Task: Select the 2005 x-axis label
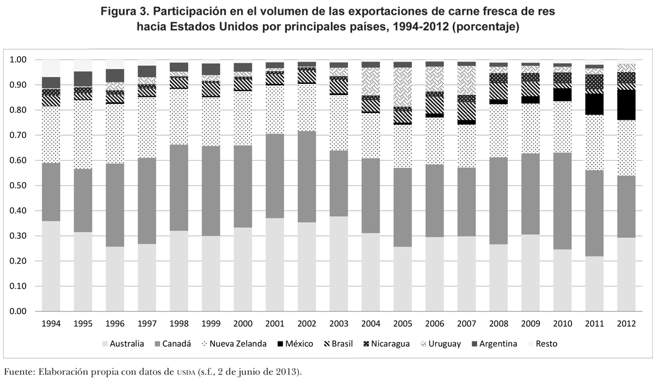tap(403, 323)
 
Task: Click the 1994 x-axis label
tap(51, 323)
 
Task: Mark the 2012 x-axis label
tap(626, 323)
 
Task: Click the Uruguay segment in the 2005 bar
tap(403, 87)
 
